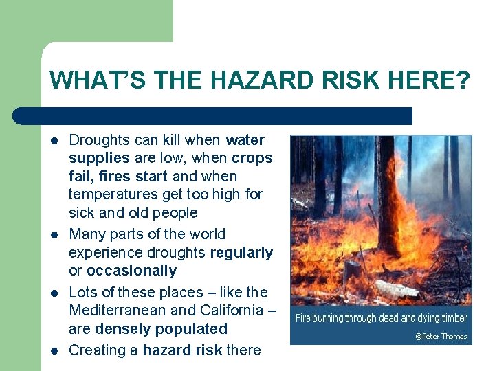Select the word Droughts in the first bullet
99,140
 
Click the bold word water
245,140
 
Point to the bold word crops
252,158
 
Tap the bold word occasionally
131,271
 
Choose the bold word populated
192,328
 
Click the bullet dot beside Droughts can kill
54,141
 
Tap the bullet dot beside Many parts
54,235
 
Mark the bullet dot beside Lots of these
54,293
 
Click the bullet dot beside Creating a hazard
54,351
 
